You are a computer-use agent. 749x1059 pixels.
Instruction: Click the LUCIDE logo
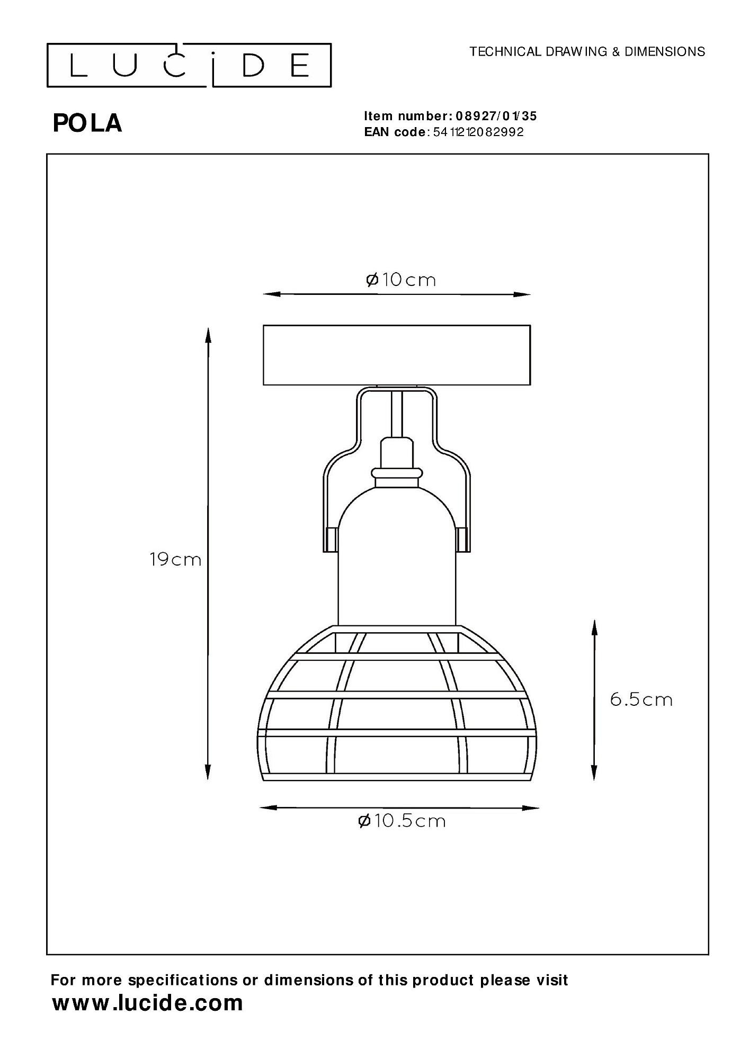click(x=189, y=65)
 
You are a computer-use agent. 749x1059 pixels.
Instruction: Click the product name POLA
click(x=87, y=123)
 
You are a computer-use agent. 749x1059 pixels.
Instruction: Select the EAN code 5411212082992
click(x=478, y=132)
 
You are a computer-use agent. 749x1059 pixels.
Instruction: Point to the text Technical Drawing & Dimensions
click(x=587, y=51)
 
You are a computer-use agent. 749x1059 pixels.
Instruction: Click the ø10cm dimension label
click(x=401, y=279)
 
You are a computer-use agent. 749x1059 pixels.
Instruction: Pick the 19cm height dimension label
click(x=175, y=559)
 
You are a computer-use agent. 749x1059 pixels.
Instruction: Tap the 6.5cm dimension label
click(x=641, y=699)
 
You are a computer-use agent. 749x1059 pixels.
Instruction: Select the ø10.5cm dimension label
click(x=402, y=821)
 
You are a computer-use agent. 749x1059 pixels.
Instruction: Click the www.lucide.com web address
click(x=148, y=1003)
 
